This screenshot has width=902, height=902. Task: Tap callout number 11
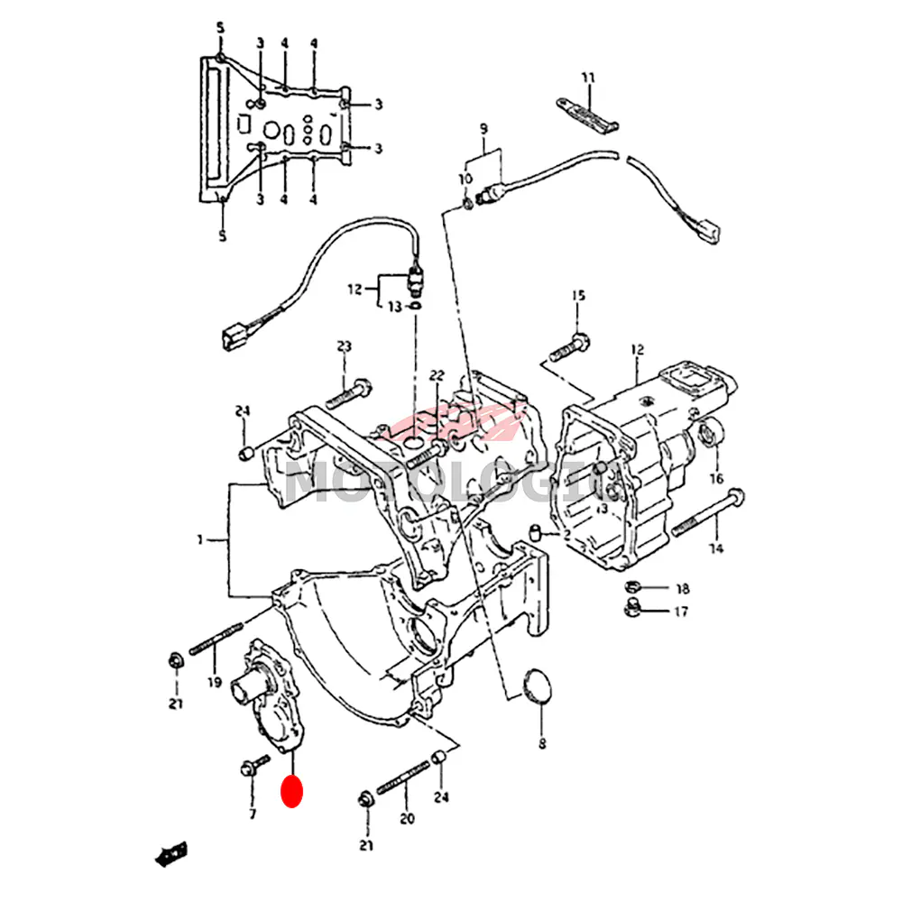click(x=588, y=78)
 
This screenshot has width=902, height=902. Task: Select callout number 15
click(x=578, y=296)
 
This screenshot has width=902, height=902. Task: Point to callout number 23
click(x=344, y=346)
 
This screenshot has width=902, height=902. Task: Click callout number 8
click(x=542, y=744)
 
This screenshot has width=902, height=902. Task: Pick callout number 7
click(x=253, y=814)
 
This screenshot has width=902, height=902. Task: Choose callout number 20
click(x=407, y=819)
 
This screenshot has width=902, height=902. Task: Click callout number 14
click(x=715, y=548)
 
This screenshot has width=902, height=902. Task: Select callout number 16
click(x=716, y=478)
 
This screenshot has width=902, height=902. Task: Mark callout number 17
click(x=680, y=612)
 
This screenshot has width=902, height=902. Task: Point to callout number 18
click(x=682, y=589)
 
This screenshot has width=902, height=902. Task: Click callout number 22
click(x=437, y=375)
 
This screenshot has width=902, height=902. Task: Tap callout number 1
click(x=200, y=540)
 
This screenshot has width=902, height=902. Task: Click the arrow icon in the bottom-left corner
click(x=171, y=852)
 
